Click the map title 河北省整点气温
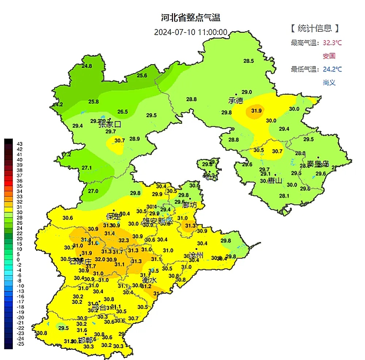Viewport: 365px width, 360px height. [x=191, y=18]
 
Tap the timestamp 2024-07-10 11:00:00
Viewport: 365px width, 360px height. [x=191, y=32]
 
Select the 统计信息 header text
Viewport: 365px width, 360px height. [x=315, y=28]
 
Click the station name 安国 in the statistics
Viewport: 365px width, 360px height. [x=329, y=56]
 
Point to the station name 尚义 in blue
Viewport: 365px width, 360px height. [x=329, y=82]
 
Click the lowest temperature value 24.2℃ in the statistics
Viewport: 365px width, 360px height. [x=332, y=69]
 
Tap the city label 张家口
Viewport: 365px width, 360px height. [x=109, y=124]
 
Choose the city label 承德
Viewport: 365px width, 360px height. [x=235, y=100]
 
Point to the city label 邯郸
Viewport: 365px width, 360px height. [x=85, y=340]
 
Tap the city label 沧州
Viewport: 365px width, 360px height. [x=196, y=255]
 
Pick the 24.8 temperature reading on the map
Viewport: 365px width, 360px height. [x=87, y=66]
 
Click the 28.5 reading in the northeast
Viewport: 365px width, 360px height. [x=249, y=61]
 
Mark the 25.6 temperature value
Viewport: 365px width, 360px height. [x=142, y=76]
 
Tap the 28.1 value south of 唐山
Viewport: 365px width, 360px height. [x=284, y=196]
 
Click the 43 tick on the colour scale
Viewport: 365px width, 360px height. [x=20, y=144]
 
